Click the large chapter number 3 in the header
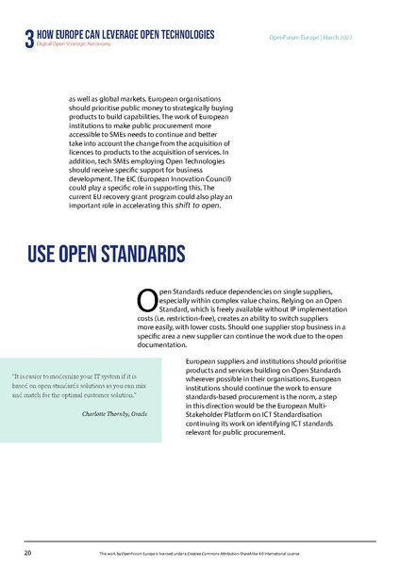(28, 39)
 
